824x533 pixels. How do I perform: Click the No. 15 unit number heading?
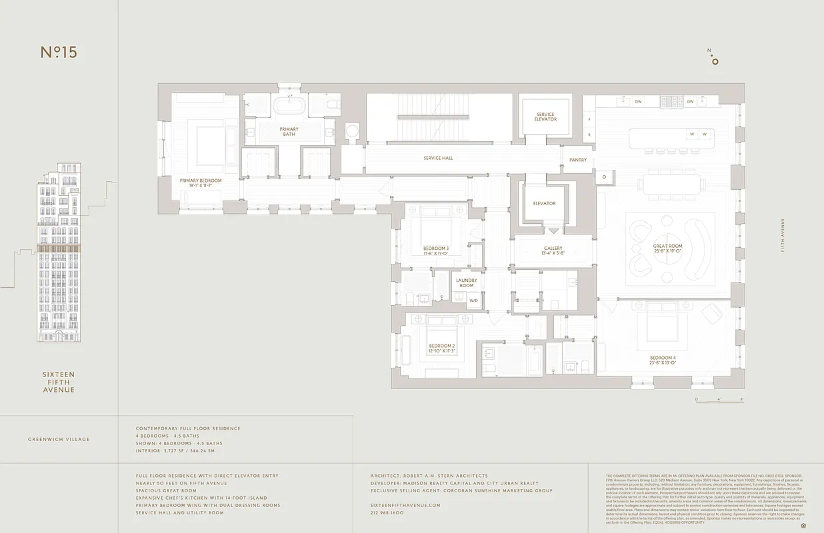point(59,53)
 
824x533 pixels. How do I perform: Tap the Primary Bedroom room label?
point(201,183)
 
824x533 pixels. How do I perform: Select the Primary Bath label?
point(289,132)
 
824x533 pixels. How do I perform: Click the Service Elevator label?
point(545,117)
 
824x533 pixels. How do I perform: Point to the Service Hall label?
point(438,158)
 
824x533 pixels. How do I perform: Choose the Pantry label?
point(578,160)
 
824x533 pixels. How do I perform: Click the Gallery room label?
point(553,251)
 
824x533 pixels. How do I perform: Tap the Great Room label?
point(667,249)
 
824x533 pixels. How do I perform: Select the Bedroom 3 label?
point(436,251)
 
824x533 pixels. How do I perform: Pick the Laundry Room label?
point(466,283)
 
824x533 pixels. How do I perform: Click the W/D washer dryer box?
point(474,300)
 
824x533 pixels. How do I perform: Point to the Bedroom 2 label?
point(441,348)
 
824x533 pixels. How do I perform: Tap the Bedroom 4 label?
point(663,360)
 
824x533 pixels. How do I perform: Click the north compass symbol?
point(715,59)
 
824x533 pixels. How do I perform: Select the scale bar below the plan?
point(719,399)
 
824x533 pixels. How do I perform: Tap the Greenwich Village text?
point(59,440)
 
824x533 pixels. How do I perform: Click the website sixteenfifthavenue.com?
point(405,505)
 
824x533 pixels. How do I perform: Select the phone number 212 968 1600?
point(387,513)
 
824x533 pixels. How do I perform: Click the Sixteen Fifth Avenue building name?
point(59,382)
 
